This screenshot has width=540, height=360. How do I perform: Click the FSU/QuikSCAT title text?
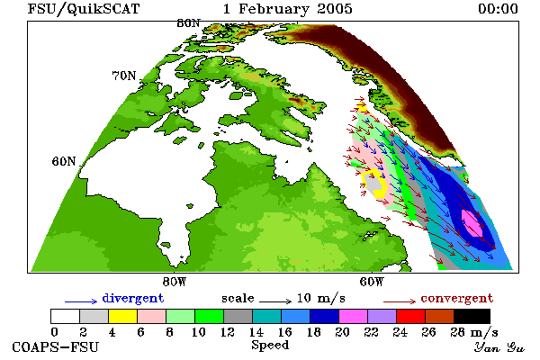(x=84, y=9)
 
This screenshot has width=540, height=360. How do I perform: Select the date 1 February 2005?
(x=288, y=9)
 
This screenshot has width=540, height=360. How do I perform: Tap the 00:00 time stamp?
(x=498, y=9)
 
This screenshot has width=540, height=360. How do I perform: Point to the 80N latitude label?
(x=188, y=23)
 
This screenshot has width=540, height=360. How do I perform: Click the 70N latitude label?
(x=124, y=76)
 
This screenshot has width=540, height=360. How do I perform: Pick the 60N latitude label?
(x=64, y=161)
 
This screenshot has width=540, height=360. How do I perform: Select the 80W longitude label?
(x=175, y=282)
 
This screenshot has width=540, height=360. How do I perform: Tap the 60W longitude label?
(x=371, y=282)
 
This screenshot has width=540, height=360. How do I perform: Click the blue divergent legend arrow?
(x=81, y=301)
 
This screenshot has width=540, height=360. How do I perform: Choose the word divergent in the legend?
(x=133, y=298)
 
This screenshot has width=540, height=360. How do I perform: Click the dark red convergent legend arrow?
(x=400, y=301)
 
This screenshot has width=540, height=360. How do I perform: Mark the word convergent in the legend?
(x=457, y=298)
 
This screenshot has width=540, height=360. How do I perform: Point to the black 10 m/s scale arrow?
(x=275, y=301)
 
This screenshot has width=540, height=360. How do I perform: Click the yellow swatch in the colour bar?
(x=122, y=316)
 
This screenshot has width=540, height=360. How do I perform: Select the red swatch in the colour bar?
(x=410, y=316)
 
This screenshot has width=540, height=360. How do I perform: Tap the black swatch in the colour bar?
(x=472, y=316)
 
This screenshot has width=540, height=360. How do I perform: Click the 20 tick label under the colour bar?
(x=342, y=332)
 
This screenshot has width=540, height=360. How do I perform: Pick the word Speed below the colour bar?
(x=270, y=346)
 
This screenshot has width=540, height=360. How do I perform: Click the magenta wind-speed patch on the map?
(x=472, y=223)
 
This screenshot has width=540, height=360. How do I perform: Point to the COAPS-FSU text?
(x=56, y=346)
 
